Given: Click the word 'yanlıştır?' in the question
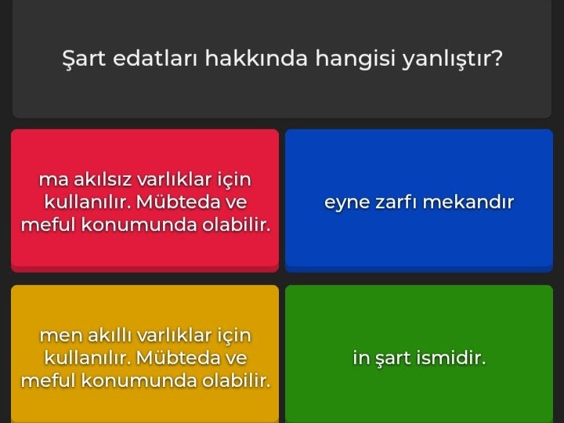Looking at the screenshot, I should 452,59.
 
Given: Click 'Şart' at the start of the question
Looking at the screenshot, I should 84,59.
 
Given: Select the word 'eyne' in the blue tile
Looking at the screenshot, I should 344,202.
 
